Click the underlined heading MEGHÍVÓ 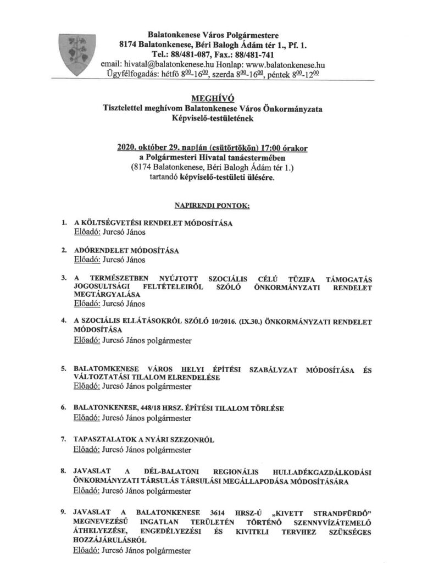pos(210,100)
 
